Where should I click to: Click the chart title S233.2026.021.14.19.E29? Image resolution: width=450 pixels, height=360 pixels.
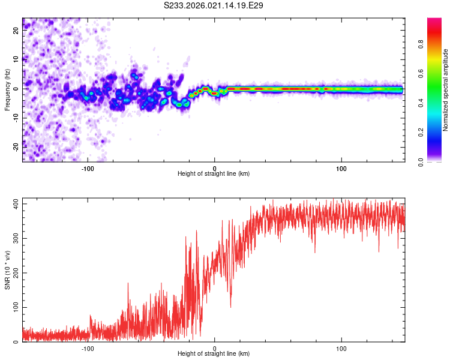[214, 6]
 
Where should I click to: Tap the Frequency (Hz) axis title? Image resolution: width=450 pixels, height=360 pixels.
[8, 89]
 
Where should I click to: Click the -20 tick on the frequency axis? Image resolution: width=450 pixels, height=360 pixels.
[16, 146]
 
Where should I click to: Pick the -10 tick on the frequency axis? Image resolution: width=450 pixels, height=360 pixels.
[16, 118]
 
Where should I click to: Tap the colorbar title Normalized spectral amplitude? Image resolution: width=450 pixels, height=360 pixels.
[446, 89]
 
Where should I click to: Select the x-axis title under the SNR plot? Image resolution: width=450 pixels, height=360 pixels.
[214, 355]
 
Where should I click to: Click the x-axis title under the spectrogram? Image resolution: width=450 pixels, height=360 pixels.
[214, 174]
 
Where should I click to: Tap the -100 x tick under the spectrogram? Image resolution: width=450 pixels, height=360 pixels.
[88, 168]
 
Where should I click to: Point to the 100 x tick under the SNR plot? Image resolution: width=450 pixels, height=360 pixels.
[342, 349]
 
